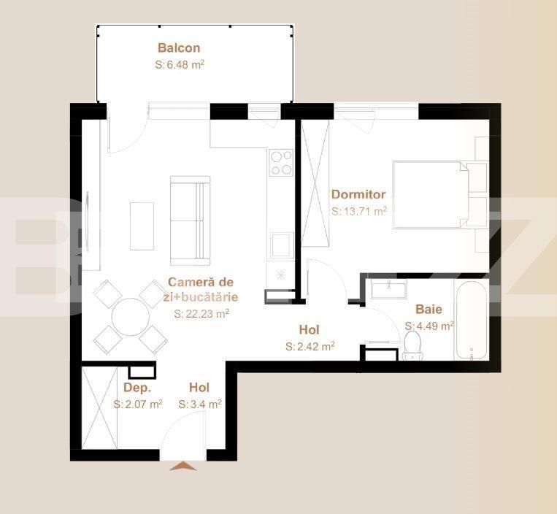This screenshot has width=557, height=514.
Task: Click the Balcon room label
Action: [x=179, y=48]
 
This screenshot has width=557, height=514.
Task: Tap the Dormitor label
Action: [x=358, y=195]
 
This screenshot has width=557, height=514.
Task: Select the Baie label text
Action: [x=429, y=310]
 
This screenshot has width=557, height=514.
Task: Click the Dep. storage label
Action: [x=137, y=388]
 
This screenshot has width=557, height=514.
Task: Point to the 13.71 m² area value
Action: [x=359, y=211]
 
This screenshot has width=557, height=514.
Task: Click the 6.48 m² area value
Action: [x=180, y=64]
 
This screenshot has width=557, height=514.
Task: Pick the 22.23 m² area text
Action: [x=201, y=313]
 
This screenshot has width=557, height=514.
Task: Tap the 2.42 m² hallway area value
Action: [x=310, y=346]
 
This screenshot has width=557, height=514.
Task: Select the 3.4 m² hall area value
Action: [x=195, y=403]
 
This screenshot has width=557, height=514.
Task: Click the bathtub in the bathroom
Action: [x=472, y=322]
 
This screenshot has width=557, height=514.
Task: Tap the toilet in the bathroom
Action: [x=413, y=346]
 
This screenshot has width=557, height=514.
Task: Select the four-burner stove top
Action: [x=281, y=163]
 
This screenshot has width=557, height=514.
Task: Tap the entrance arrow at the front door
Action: [x=183, y=466]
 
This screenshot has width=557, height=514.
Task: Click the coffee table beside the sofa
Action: [x=142, y=226]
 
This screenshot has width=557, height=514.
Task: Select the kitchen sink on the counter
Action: [x=280, y=245]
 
